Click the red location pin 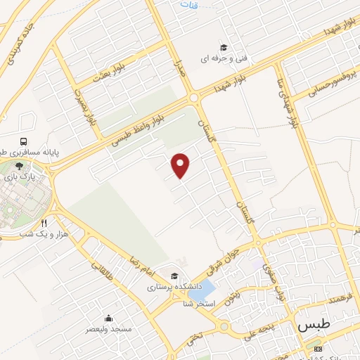click(x=181, y=165)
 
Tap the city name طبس click(x=314, y=326)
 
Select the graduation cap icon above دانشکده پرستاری click(x=174, y=276)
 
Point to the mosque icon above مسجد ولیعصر click(x=108, y=318)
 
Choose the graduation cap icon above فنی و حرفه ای click(x=224, y=48)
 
